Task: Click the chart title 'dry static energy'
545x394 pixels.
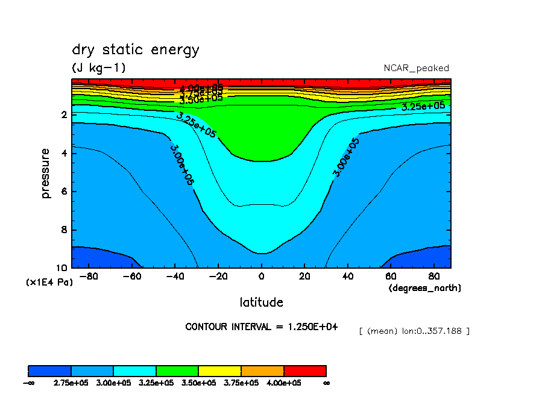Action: click(135, 50)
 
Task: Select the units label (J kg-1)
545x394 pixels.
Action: click(99, 68)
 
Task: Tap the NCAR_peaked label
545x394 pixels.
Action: click(416, 68)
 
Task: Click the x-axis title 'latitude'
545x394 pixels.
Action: click(261, 302)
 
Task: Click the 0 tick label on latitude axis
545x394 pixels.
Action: click(261, 277)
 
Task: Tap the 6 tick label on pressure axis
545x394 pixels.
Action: click(64, 192)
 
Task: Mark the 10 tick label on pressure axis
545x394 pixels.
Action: click(61, 268)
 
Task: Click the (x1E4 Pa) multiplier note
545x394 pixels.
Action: click(49, 282)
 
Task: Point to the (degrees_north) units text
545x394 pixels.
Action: click(424, 288)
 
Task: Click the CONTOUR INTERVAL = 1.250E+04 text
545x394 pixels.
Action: click(261, 327)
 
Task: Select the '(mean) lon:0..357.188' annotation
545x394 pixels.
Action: click(414, 331)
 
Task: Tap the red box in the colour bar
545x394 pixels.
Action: click(304, 371)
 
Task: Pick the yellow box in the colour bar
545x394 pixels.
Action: click(219, 371)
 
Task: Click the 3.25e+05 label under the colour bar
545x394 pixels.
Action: click(156, 383)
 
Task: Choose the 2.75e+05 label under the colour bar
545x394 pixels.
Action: click(71, 383)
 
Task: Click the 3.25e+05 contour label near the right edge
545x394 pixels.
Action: click(423, 106)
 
